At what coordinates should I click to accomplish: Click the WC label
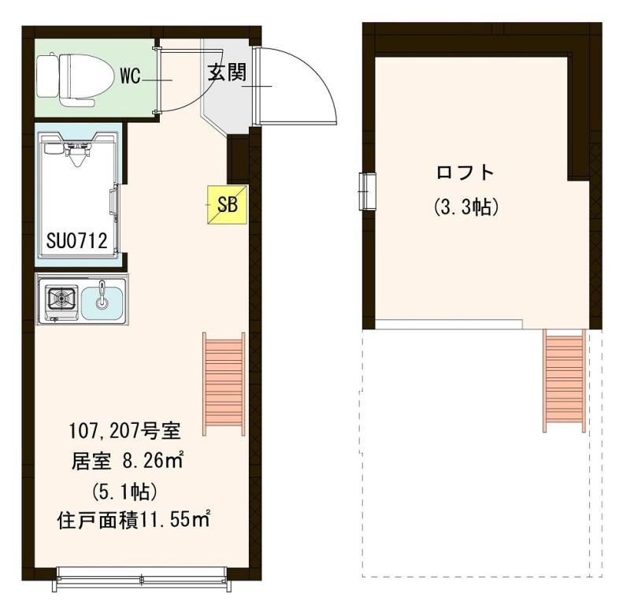click(x=131, y=76)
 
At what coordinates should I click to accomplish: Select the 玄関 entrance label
click(x=227, y=72)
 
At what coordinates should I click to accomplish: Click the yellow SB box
click(x=228, y=205)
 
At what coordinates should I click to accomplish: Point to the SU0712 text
click(x=76, y=241)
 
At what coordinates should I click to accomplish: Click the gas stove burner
click(x=61, y=299)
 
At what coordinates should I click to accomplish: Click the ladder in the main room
click(x=224, y=384)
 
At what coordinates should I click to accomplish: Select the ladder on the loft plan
click(x=564, y=381)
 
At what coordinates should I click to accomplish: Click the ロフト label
click(x=465, y=173)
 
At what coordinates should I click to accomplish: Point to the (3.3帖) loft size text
click(x=466, y=207)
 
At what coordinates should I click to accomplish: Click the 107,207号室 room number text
click(x=125, y=432)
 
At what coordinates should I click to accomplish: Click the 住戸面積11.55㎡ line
click(x=134, y=521)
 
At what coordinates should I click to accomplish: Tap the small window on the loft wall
click(x=367, y=191)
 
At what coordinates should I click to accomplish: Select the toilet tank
click(x=47, y=76)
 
